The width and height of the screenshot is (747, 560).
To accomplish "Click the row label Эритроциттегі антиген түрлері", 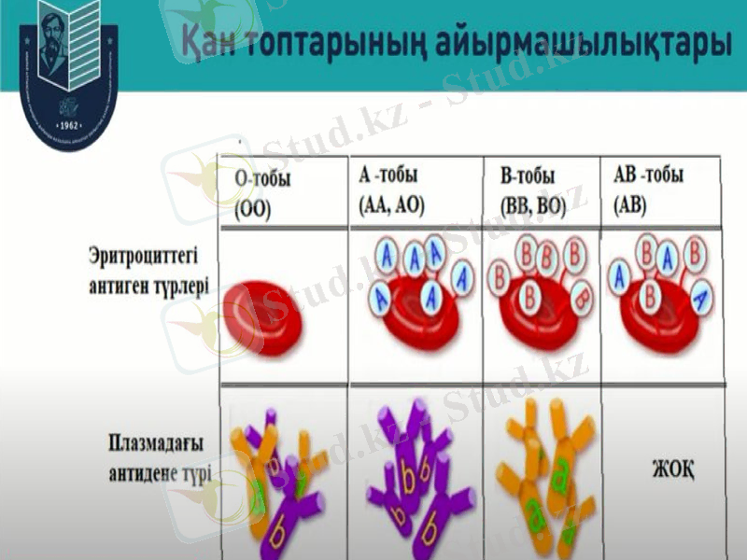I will click(149, 271).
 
